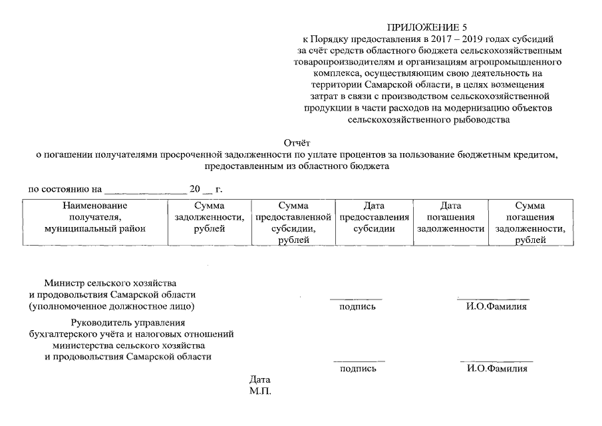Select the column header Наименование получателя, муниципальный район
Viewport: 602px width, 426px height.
click(94, 217)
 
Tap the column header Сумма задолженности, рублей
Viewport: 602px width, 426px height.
click(209, 217)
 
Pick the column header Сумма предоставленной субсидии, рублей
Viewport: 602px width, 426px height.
click(293, 222)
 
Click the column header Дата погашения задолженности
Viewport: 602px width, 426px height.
click(450, 217)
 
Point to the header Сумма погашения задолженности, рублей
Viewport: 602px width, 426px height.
click(530, 222)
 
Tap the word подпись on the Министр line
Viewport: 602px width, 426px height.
click(357, 307)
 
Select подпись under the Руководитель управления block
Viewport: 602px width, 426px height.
click(358, 368)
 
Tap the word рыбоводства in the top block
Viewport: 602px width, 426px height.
click(478, 120)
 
